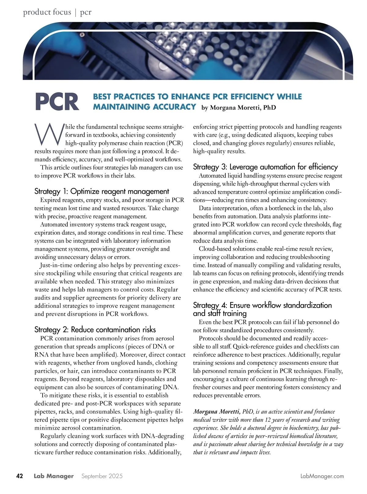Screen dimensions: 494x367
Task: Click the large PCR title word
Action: (x=57, y=102)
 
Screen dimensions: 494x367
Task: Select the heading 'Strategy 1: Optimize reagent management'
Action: (x=102, y=191)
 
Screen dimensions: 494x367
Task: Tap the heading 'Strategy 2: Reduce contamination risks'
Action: (x=95, y=330)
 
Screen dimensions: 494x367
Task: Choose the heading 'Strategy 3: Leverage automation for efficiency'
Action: (x=265, y=167)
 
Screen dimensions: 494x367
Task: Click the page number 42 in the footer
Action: (x=20, y=476)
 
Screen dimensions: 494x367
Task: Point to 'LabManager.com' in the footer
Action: (x=322, y=476)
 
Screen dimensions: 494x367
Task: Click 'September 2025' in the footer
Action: (x=102, y=476)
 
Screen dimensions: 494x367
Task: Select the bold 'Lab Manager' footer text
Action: (x=54, y=476)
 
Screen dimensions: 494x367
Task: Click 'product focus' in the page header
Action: (x=47, y=12)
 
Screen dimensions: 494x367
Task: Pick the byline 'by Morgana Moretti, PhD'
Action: (x=239, y=107)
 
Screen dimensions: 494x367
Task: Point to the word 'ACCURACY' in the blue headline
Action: (x=175, y=107)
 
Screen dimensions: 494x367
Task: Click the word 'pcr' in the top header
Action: (x=86, y=12)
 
